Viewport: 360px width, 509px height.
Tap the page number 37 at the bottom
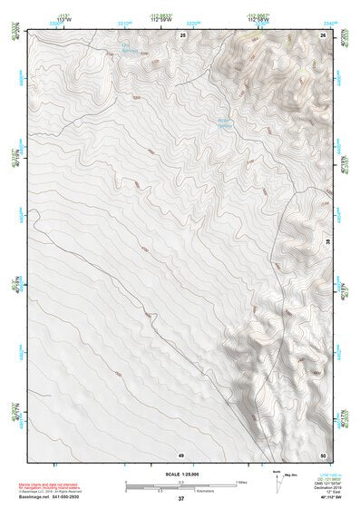(180, 499)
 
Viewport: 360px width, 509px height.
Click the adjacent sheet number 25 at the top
(182, 34)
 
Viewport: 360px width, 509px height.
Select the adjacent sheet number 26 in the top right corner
(323, 34)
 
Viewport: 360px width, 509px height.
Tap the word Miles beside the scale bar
(240, 482)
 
